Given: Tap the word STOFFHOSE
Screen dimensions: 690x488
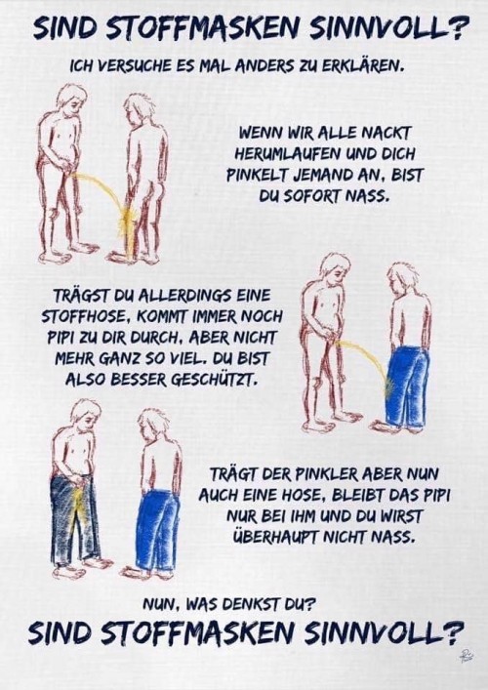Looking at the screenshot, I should tap(83, 316).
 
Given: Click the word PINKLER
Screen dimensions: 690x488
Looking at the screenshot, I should tap(314, 475).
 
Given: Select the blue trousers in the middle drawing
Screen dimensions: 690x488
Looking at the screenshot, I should tap(407, 386).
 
